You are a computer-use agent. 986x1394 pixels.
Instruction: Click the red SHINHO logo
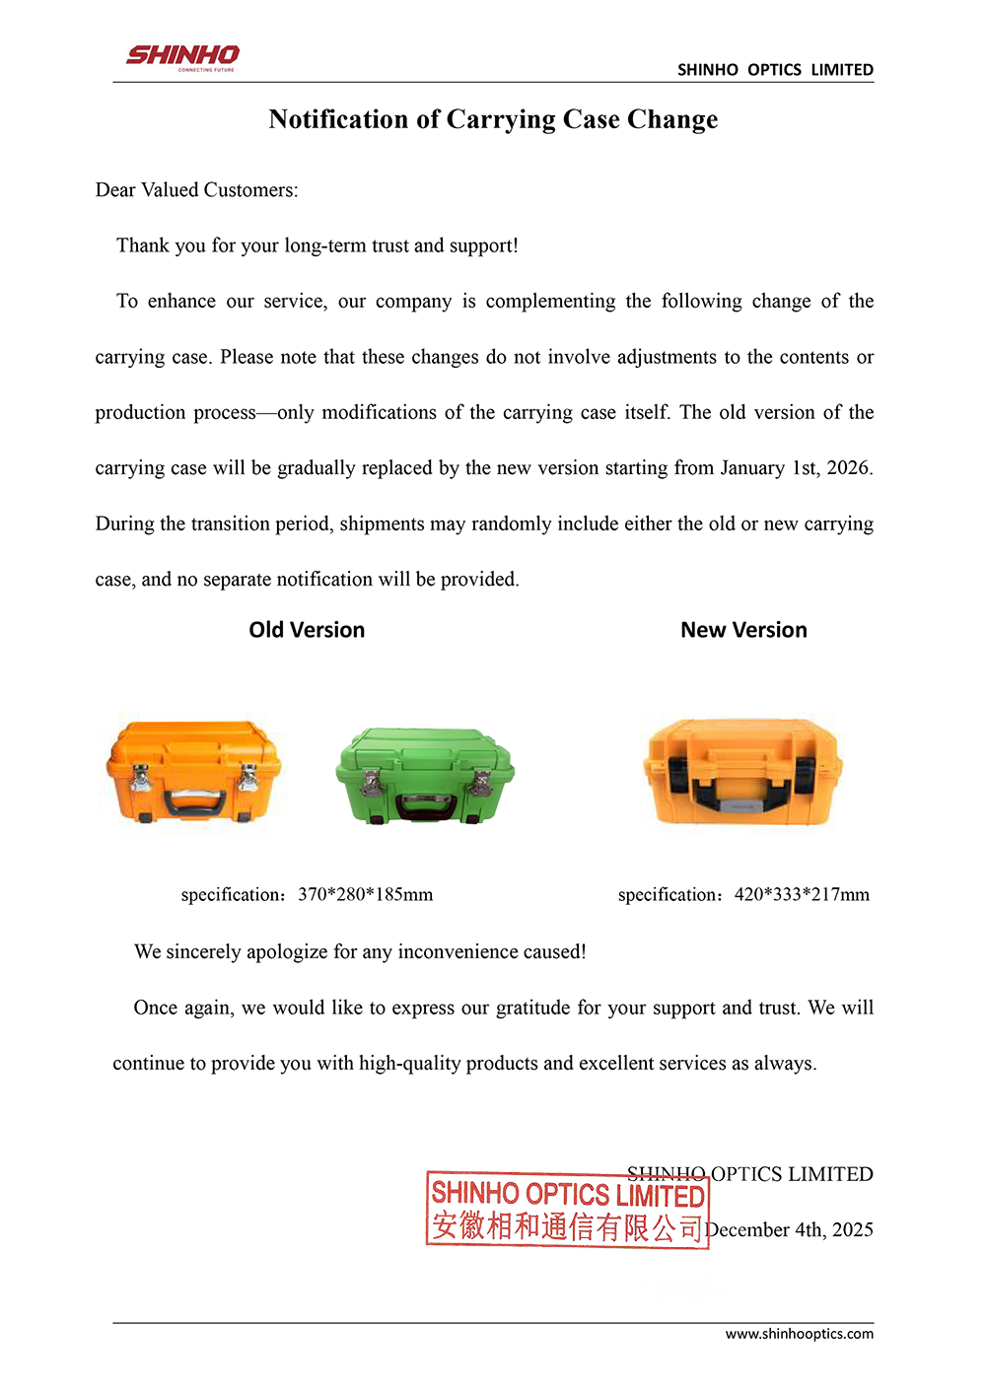(x=182, y=56)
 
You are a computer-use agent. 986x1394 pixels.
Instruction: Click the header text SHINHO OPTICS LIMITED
(x=775, y=70)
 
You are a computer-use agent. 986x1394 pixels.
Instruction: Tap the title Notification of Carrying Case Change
(x=493, y=119)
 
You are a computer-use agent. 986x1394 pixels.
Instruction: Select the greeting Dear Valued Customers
(x=196, y=189)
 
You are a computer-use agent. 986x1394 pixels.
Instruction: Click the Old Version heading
(x=307, y=630)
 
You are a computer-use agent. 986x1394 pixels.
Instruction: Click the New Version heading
(x=743, y=630)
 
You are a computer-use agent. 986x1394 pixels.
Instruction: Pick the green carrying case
(x=425, y=776)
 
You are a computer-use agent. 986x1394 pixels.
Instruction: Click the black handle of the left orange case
(x=194, y=802)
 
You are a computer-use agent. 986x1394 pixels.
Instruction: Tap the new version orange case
(x=742, y=772)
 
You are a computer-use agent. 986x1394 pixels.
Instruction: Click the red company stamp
(x=568, y=1210)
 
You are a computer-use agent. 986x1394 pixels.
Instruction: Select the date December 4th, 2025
(x=789, y=1229)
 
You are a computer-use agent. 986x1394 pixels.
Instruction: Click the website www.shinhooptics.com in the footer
(x=799, y=1334)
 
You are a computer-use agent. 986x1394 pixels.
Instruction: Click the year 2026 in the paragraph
(x=848, y=467)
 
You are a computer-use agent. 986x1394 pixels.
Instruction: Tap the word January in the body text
(x=752, y=467)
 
